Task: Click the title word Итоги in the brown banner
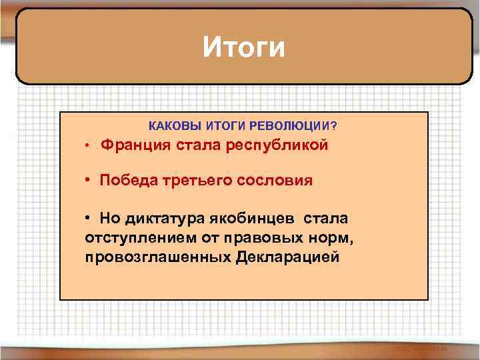coord(244,47)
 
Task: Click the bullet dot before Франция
coord(87,147)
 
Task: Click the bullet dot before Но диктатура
coord(88,219)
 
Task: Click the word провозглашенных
coord(158,257)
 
